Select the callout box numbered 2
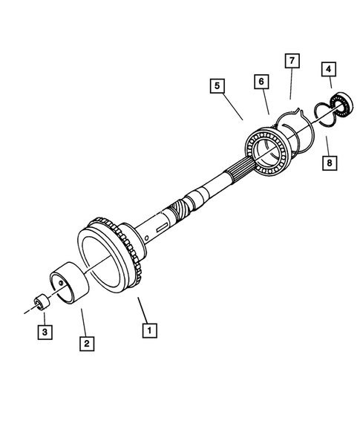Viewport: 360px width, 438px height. pyautogui.click(x=87, y=343)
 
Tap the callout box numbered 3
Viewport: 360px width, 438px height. pyautogui.click(x=45, y=332)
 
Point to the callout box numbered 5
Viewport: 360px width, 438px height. pyautogui.click(x=216, y=87)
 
